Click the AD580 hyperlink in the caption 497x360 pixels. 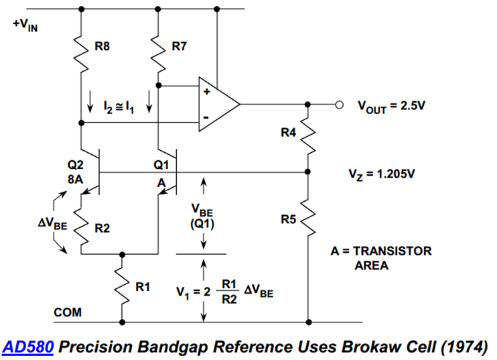(x=29, y=347)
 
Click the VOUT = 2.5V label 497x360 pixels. (x=391, y=105)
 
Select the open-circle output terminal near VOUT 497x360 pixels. (x=340, y=105)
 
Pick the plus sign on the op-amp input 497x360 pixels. (x=206, y=92)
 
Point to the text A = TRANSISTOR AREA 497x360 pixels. (x=380, y=257)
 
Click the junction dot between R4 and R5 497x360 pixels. (x=308, y=172)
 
